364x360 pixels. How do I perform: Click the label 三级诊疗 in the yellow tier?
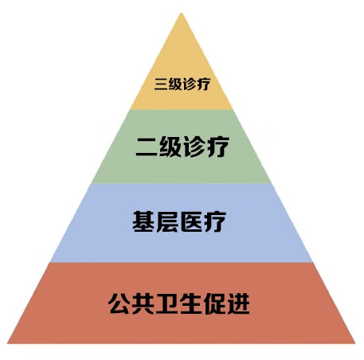coord(182,84)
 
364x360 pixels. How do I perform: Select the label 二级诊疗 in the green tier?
coord(182,147)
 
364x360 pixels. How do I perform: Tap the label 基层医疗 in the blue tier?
coord(179,221)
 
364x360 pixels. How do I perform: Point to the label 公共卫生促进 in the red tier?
coord(178,303)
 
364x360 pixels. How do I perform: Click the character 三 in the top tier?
coord(161,84)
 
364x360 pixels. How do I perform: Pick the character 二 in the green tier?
coord(147,147)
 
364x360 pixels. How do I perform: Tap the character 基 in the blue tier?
coord(143,221)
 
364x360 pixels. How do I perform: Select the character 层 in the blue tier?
coord(167,222)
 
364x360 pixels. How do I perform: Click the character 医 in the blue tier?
coord(191,222)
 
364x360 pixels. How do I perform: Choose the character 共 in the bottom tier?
coord(143,303)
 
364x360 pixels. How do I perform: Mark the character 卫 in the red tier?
coord(166,303)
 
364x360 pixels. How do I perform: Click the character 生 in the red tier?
coord(190,303)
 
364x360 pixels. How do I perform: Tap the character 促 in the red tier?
coord(214,303)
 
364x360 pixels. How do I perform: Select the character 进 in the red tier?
coord(238,303)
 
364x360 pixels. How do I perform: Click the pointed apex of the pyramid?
coord(182,13)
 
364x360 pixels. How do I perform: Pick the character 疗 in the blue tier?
coord(215,222)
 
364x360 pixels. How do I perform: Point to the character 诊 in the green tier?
coord(194,147)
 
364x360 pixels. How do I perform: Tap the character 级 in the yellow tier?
coord(175,84)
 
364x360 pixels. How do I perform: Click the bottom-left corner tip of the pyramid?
coord(7,343)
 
